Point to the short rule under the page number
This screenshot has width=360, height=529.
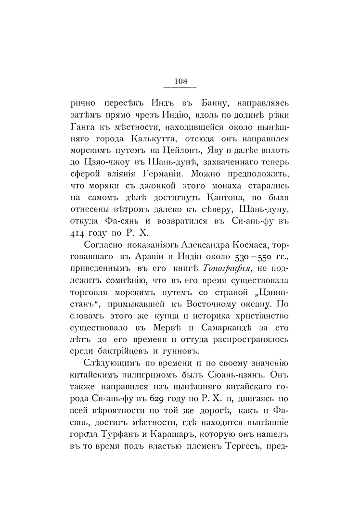(x=180, y=88)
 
